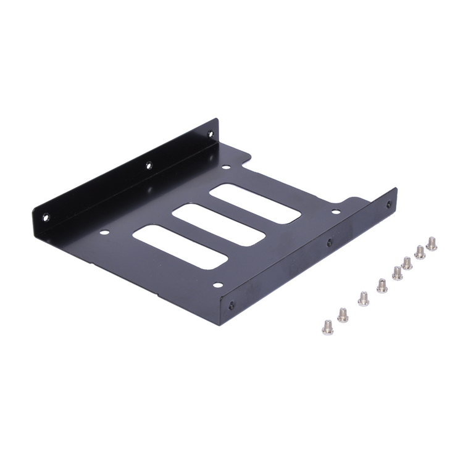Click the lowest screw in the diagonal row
(x=328, y=327)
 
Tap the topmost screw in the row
(x=432, y=243)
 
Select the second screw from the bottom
(x=343, y=315)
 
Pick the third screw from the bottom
(x=364, y=298)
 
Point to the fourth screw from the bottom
(x=382, y=285)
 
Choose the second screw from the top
(x=420, y=251)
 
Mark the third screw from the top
(x=407, y=262)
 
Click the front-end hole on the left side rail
(x=45, y=217)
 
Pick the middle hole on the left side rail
(x=148, y=165)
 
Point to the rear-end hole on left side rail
(x=210, y=133)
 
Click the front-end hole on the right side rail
(x=231, y=305)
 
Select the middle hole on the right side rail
(x=329, y=242)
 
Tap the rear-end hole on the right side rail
(x=388, y=204)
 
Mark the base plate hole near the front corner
(x=217, y=285)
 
